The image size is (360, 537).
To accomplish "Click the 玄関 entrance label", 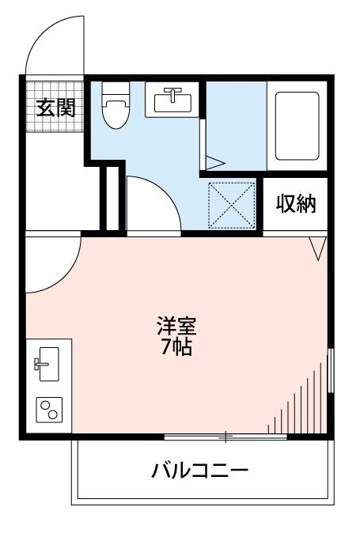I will tap(55, 107).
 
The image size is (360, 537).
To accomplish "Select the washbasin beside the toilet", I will tap(170, 100).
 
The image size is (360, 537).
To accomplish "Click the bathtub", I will tap(297, 125).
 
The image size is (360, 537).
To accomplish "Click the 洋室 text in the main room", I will tap(176, 326).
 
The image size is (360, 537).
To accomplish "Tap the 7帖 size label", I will tap(176, 346).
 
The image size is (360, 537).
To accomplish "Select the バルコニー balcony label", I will tap(200, 472).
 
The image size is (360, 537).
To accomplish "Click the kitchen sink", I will tap(45, 363).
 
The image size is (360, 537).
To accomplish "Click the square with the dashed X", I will tap(232, 204).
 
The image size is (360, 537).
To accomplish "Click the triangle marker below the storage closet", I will tap(317, 248).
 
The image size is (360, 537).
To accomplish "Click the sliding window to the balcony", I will tap(225, 436).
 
